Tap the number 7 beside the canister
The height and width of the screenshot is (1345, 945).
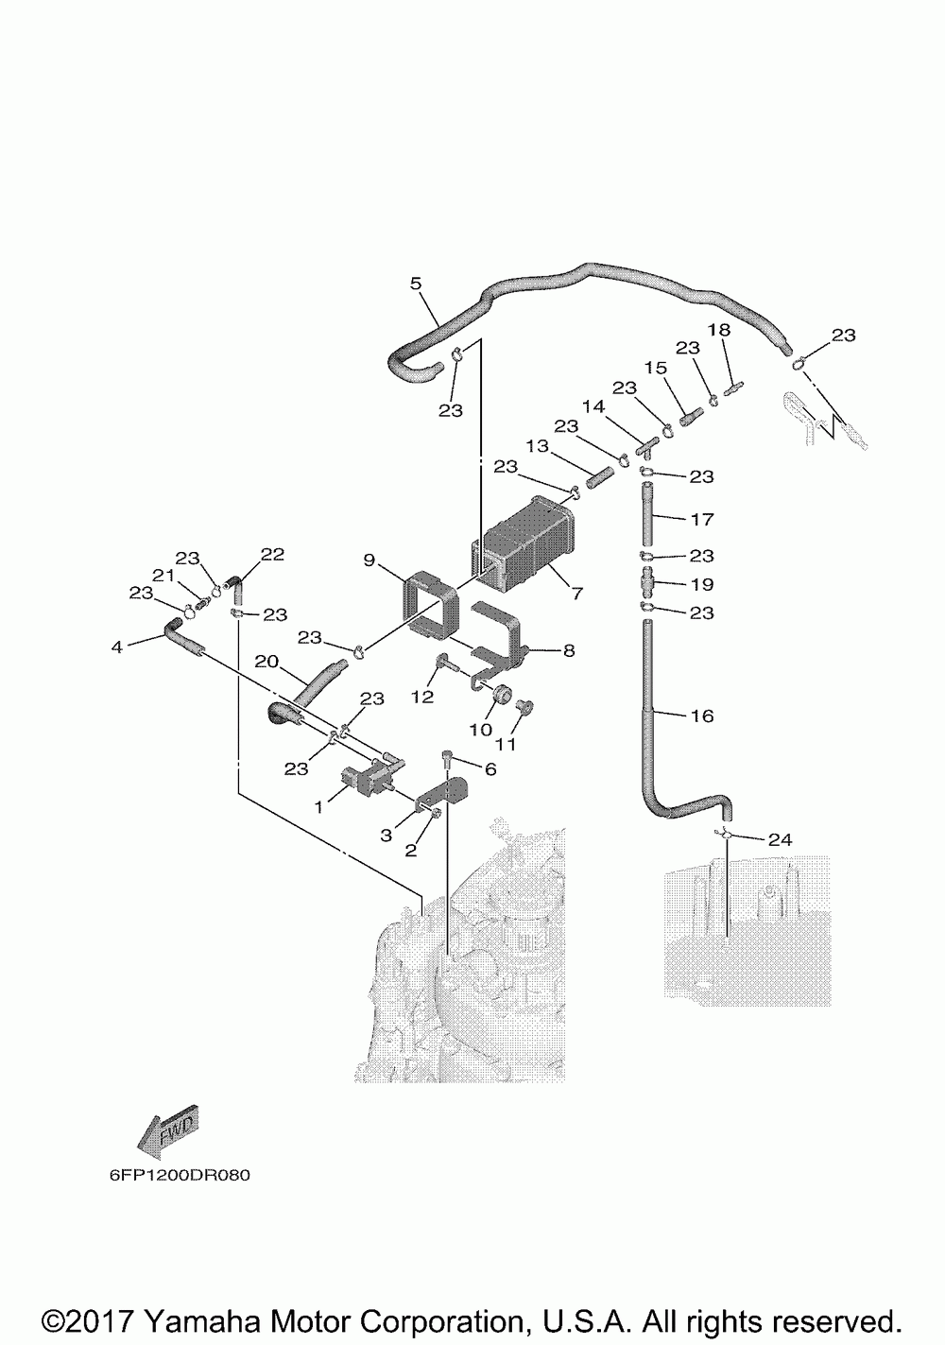[x=577, y=594]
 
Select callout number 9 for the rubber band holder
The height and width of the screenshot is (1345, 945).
[x=369, y=560]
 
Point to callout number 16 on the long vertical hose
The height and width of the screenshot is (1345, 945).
[x=702, y=716]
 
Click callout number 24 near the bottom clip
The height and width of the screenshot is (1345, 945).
[x=780, y=839]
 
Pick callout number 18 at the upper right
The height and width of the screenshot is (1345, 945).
[x=719, y=330]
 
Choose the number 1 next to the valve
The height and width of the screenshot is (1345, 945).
[x=318, y=807]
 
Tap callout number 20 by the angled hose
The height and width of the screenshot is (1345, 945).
[x=267, y=661]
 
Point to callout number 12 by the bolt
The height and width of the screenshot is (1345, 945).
[x=422, y=697]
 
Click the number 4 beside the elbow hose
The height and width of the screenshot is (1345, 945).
[x=116, y=647]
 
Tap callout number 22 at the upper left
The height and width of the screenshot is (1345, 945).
[x=272, y=554]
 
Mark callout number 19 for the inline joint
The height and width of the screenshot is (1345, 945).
[x=702, y=584]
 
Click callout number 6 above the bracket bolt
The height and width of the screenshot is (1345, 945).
[x=490, y=769]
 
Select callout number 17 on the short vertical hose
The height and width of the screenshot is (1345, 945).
[x=702, y=519]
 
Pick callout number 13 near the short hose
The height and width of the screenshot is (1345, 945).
[x=538, y=447]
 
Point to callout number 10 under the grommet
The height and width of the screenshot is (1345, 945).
[x=480, y=730]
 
